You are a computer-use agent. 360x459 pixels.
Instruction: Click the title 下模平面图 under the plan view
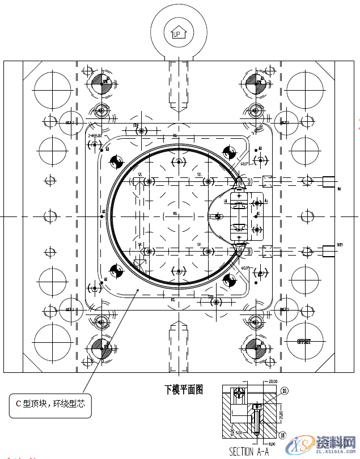(184, 389)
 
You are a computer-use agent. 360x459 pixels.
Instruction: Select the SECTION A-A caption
(249, 451)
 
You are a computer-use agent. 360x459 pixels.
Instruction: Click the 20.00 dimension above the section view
(273, 382)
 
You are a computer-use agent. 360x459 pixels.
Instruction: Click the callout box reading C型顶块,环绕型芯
(50, 403)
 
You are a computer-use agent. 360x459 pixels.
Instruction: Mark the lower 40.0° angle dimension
(245, 267)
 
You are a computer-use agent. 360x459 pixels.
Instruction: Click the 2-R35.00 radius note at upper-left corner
(94, 136)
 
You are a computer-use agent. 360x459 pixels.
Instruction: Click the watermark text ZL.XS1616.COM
(329, 454)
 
